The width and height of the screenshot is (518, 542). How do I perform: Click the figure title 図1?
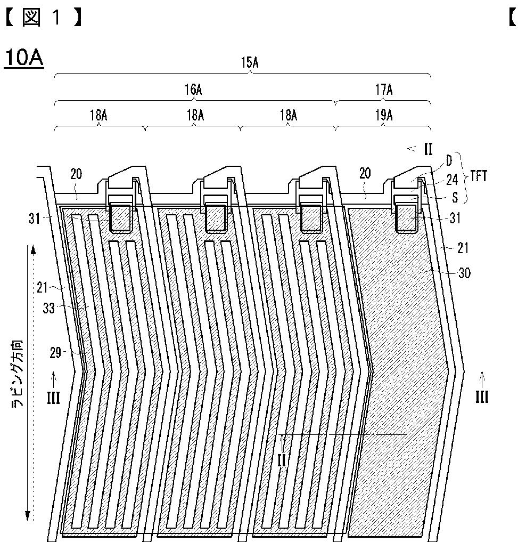pyautogui.click(x=44, y=18)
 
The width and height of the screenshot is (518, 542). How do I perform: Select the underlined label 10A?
pyautogui.click(x=24, y=58)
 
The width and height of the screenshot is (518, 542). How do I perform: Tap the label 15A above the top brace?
pyautogui.click(x=250, y=62)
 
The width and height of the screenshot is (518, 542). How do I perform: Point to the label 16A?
pyautogui.click(x=193, y=90)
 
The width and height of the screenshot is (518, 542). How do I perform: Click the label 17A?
pyautogui.click(x=384, y=90)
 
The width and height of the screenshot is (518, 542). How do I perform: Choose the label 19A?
pyautogui.click(x=384, y=115)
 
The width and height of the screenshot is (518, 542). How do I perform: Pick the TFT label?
pyautogui.click(x=478, y=176)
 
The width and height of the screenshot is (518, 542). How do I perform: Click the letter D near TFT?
pyautogui.click(x=449, y=160)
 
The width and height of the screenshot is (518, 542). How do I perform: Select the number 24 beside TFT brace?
pyautogui.click(x=452, y=180)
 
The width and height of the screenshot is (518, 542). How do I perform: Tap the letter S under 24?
pyautogui.click(x=455, y=197)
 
